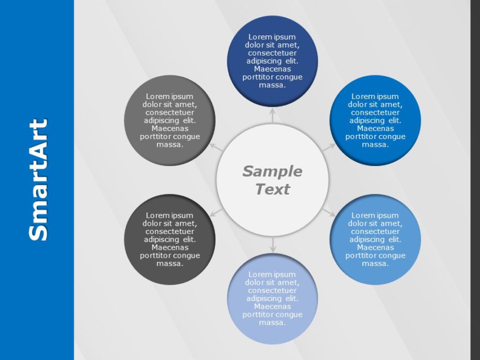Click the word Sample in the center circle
tap(272, 171)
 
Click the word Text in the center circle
tap(272, 189)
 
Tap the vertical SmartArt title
tap(38, 180)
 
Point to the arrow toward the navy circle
tap(272, 115)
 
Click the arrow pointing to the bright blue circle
tap(328, 147)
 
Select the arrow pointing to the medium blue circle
tap(328, 211)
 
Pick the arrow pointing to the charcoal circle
tap(216, 211)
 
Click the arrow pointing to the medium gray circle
tap(216, 147)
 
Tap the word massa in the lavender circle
tap(272, 323)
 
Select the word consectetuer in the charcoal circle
tap(169, 231)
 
